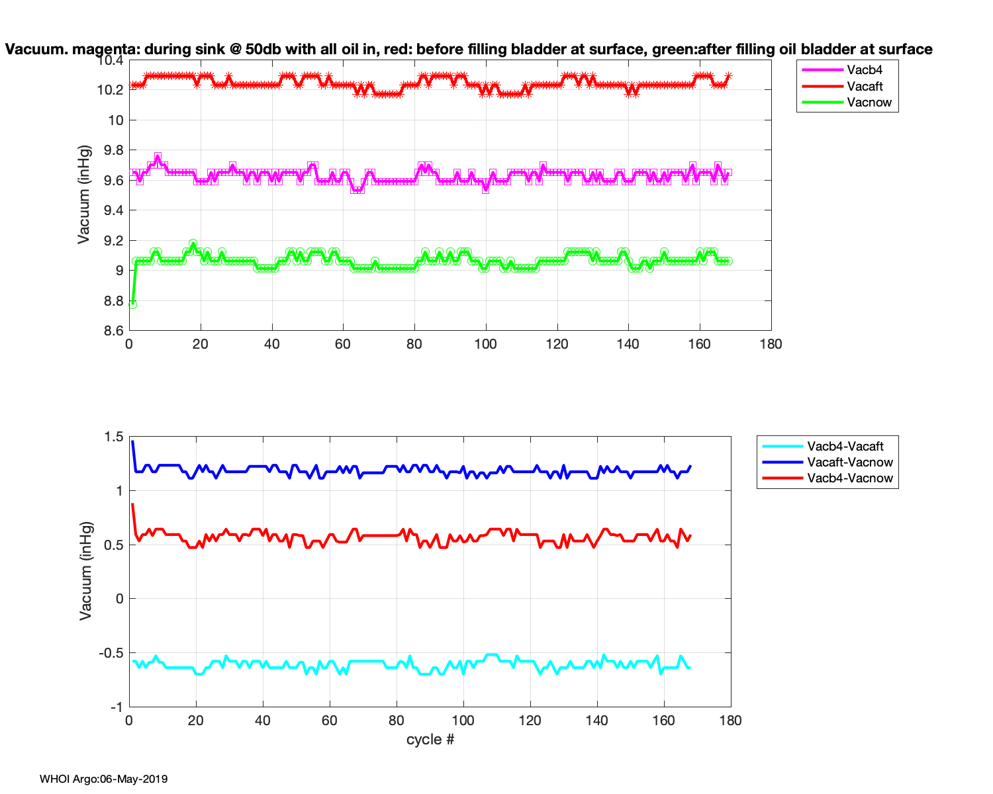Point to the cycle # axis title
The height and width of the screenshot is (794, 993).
430,739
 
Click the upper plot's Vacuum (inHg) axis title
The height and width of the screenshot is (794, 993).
83,195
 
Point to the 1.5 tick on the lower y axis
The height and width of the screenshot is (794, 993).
114,437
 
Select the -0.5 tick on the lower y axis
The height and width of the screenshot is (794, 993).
111,653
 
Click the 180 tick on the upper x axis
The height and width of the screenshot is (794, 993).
771,344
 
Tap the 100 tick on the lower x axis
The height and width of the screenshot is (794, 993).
463,721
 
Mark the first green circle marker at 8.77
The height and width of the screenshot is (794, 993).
132,304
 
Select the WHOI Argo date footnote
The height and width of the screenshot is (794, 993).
103,779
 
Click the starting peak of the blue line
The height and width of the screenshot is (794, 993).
132,441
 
